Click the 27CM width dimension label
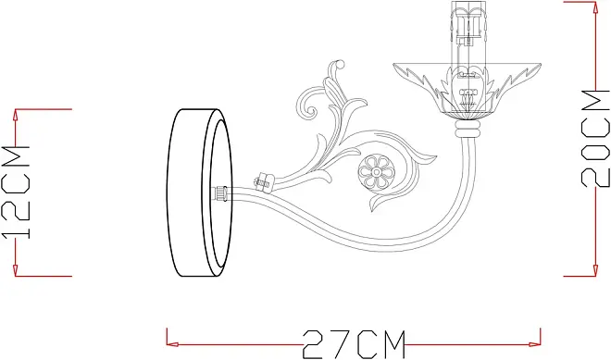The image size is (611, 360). pos(354,344)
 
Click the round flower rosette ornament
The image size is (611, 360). pos(377,171)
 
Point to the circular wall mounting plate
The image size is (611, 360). pos(200,192)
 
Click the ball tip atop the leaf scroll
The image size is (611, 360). pos(340,64)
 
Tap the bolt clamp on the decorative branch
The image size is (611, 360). pos(265,181)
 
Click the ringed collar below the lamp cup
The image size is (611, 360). pos(468,129)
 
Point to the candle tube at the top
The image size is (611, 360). pos(468,32)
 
